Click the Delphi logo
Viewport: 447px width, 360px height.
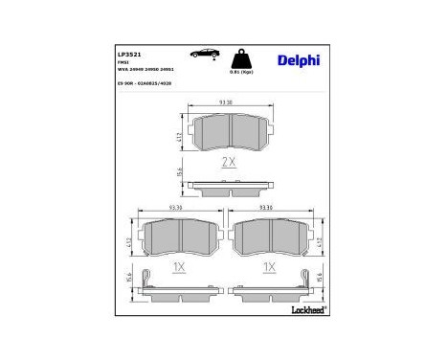pos(300,60)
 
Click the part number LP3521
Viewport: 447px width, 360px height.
pos(128,55)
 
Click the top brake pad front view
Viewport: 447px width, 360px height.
pos(228,133)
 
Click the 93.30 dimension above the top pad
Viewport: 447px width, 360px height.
pos(228,103)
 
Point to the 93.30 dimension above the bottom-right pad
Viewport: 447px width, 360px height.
pos(269,205)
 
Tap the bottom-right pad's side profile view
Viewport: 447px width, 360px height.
pos(269,284)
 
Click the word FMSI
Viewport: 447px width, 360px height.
pos(123,63)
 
